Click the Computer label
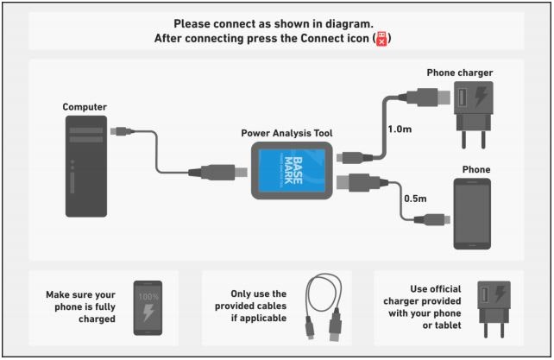(85, 107)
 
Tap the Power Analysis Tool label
(286, 134)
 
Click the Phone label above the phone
(475, 170)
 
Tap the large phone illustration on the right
(472, 213)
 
